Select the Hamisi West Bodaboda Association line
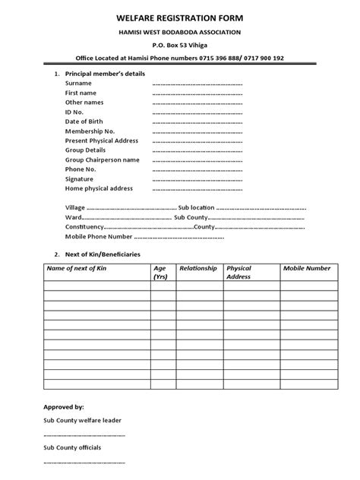coord(180,31)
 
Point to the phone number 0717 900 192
coord(264,58)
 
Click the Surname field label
coord(78,83)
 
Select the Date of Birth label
coord(85,122)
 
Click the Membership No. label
coord(90,131)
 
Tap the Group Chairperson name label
coord(103,160)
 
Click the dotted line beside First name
coord(197,93)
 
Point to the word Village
coord(75,207)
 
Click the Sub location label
coord(196,207)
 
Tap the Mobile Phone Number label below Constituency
coord(94,236)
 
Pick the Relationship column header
coord(198,269)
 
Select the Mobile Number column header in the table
coord(307,269)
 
